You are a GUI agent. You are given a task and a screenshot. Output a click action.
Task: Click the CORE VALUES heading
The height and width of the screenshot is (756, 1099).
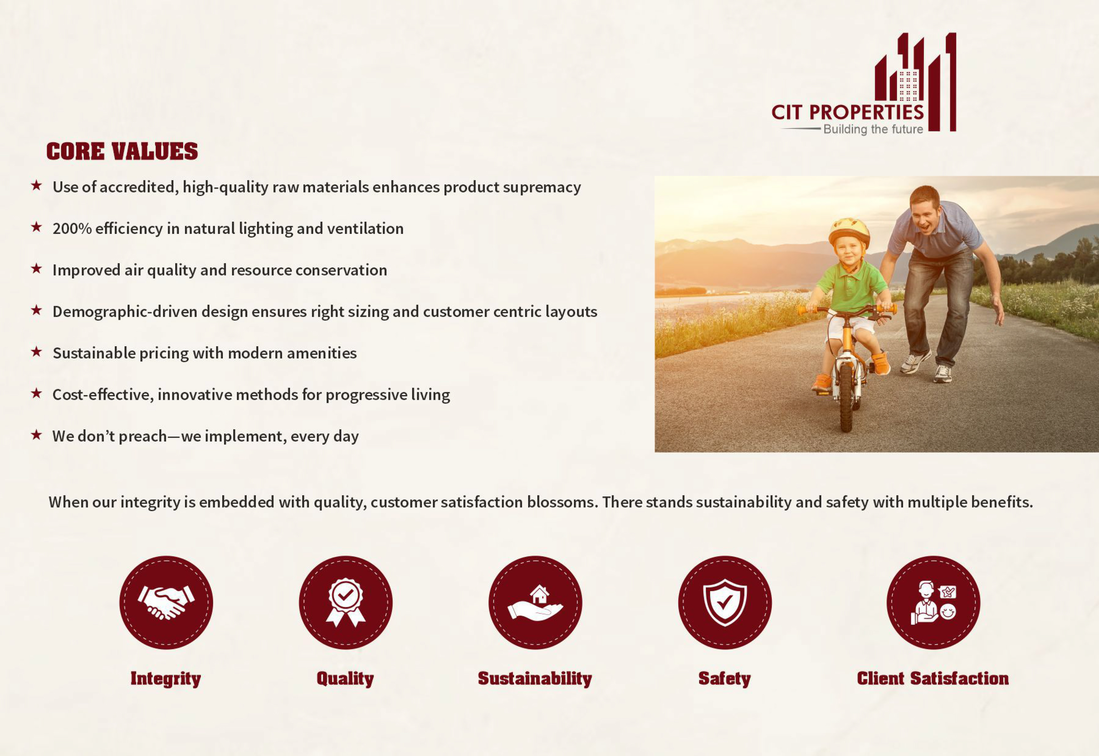pyautogui.click(x=122, y=151)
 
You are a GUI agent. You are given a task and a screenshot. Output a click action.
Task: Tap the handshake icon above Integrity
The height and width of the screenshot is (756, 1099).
pyautogui.click(x=166, y=603)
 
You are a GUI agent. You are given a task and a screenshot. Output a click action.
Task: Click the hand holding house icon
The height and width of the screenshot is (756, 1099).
pyautogui.click(x=535, y=603)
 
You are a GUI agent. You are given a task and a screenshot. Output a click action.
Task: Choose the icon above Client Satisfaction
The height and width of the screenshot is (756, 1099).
pyautogui.click(x=933, y=603)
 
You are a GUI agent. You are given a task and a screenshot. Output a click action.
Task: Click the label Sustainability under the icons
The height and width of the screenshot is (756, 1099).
pyautogui.click(x=535, y=678)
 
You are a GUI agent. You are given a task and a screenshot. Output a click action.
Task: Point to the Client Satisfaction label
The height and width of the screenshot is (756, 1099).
pyautogui.click(x=933, y=678)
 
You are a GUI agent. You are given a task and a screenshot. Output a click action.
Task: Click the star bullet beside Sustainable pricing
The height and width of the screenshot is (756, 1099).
pyautogui.click(x=36, y=352)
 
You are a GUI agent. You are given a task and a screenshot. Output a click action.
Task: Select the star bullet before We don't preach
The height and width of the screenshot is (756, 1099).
pyautogui.click(x=36, y=435)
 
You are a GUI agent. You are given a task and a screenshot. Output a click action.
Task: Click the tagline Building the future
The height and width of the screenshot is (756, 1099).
pyautogui.click(x=873, y=129)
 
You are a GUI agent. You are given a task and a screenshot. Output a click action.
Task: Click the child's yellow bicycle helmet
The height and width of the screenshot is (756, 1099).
pyautogui.click(x=849, y=232)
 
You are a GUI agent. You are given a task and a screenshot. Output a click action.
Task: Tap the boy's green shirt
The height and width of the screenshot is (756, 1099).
pyautogui.click(x=851, y=287)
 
